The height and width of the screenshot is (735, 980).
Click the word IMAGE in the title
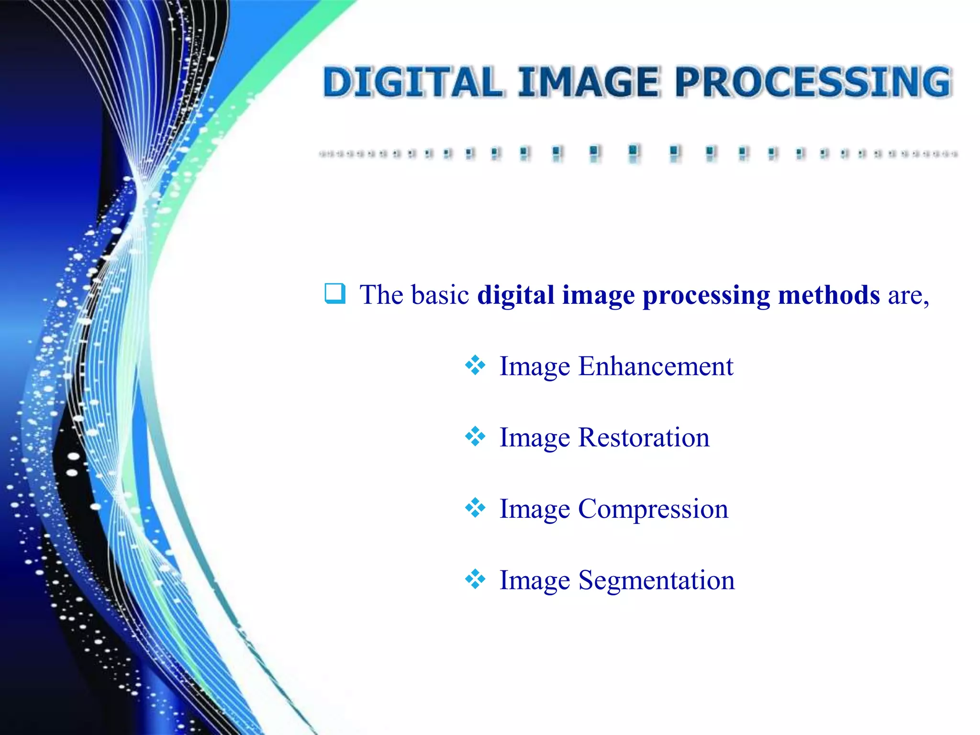tap(588, 82)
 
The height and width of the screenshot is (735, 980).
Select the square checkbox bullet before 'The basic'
tap(334, 293)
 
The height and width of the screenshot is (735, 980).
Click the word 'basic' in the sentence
tap(441, 295)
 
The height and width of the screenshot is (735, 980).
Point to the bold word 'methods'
tap(829, 295)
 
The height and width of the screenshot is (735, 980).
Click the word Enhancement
tap(656, 367)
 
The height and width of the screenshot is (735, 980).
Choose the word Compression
tap(653, 509)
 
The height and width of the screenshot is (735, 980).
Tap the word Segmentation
tap(657, 580)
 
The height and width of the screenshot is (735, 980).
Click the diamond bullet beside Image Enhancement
tap(475, 366)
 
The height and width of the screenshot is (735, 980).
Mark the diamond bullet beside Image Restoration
tap(475, 436)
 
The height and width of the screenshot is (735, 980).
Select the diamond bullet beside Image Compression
tap(475, 508)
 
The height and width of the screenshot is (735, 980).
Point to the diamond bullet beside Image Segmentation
tap(475, 579)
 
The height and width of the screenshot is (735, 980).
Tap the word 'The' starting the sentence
tap(381, 295)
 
